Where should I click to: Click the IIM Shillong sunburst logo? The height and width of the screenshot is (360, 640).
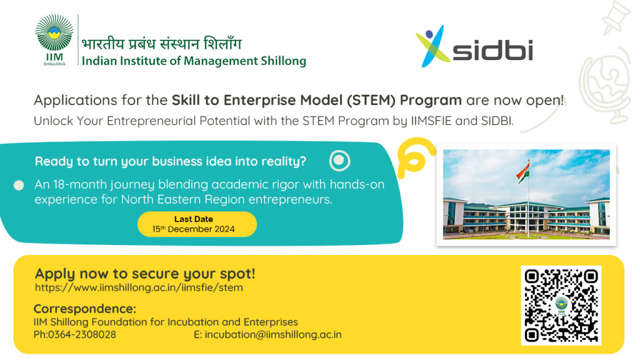click(x=54, y=39)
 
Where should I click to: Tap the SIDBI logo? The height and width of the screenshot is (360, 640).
click(x=474, y=46)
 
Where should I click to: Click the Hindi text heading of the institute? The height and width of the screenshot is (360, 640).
click(x=162, y=44)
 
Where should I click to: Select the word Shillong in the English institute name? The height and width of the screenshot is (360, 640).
click(x=284, y=61)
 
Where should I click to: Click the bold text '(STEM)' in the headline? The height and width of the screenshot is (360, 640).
click(x=371, y=100)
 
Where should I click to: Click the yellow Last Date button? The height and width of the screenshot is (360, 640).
click(x=197, y=224)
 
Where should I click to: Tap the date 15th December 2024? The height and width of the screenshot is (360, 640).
click(x=194, y=229)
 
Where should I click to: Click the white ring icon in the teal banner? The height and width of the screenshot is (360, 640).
click(x=339, y=161)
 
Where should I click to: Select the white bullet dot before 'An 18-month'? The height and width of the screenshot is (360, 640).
click(x=19, y=185)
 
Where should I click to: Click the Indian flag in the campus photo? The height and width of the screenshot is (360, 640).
click(x=523, y=172)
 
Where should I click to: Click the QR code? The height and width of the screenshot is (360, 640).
click(x=561, y=305)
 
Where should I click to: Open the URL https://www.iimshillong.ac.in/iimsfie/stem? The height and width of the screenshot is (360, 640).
click(x=139, y=287)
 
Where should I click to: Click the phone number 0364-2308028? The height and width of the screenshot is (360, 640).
click(x=82, y=335)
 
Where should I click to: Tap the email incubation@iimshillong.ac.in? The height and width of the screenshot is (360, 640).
click(x=273, y=335)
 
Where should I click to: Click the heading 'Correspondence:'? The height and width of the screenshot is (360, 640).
click(x=85, y=309)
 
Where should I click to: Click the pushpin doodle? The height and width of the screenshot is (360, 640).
click(x=616, y=17)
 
